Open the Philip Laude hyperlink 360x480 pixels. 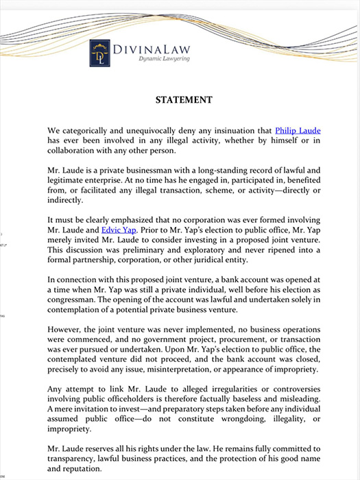(298, 129)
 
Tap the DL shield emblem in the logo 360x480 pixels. (101, 53)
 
